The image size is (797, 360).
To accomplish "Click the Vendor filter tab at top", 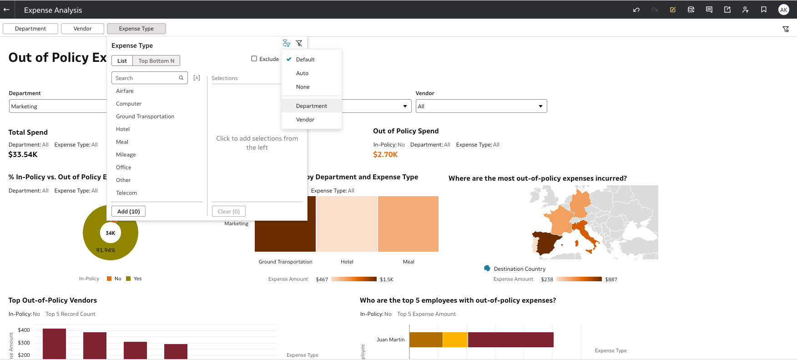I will tap(82, 29).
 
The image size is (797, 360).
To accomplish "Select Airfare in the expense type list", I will tap(125, 91).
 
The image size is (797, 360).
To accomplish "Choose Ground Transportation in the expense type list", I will tap(145, 117).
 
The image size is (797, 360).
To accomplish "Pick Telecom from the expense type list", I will tap(126, 193).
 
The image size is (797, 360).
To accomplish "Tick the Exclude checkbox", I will tap(254, 59).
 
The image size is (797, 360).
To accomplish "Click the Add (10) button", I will tap(128, 211).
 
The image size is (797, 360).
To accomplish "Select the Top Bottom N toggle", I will tap(156, 61).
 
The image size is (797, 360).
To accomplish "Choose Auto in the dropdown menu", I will tap(302, 73).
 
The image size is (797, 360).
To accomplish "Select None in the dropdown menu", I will tap(303, 87).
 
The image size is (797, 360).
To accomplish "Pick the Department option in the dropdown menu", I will tap(312, 106).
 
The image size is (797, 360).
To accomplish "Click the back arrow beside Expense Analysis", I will tap(7, 10).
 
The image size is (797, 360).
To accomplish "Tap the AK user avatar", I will tap(783, 10).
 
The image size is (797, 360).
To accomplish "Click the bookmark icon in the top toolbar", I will tap(764, 10).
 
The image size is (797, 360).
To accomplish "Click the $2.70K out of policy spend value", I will tap(385, 155).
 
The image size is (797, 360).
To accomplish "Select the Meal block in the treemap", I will tap(408, 223).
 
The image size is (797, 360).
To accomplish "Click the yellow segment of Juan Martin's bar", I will tap(455, 340).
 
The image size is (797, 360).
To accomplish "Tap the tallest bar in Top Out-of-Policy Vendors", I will tap(54, 343).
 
